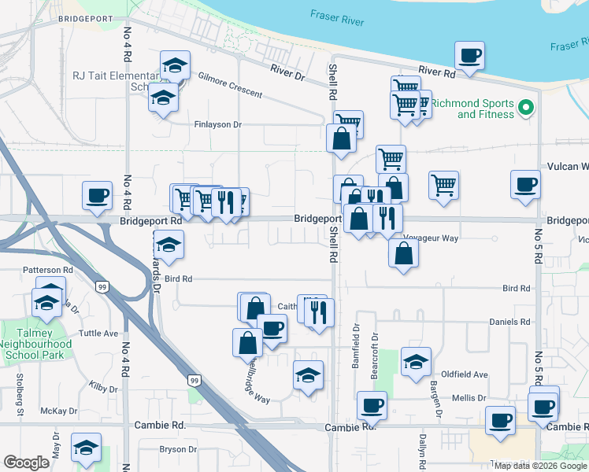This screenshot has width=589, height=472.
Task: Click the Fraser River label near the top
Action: (x=337, y=18)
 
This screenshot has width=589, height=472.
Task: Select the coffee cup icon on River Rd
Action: (x=469, y=56)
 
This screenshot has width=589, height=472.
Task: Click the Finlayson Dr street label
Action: (x=217, y=124)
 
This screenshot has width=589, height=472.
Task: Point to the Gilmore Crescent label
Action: (x=230, y=85)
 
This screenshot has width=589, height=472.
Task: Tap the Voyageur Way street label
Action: (x=430, y=237)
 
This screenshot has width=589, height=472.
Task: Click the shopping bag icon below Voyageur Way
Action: (x=403, y=253)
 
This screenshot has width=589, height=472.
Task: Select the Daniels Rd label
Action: (x=509, y=322)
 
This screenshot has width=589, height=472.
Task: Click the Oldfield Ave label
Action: (x=465, y=374)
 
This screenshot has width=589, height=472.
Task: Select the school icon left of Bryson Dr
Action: (x=86, y=448)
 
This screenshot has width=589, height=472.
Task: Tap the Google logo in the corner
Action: (x=26, y=463)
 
